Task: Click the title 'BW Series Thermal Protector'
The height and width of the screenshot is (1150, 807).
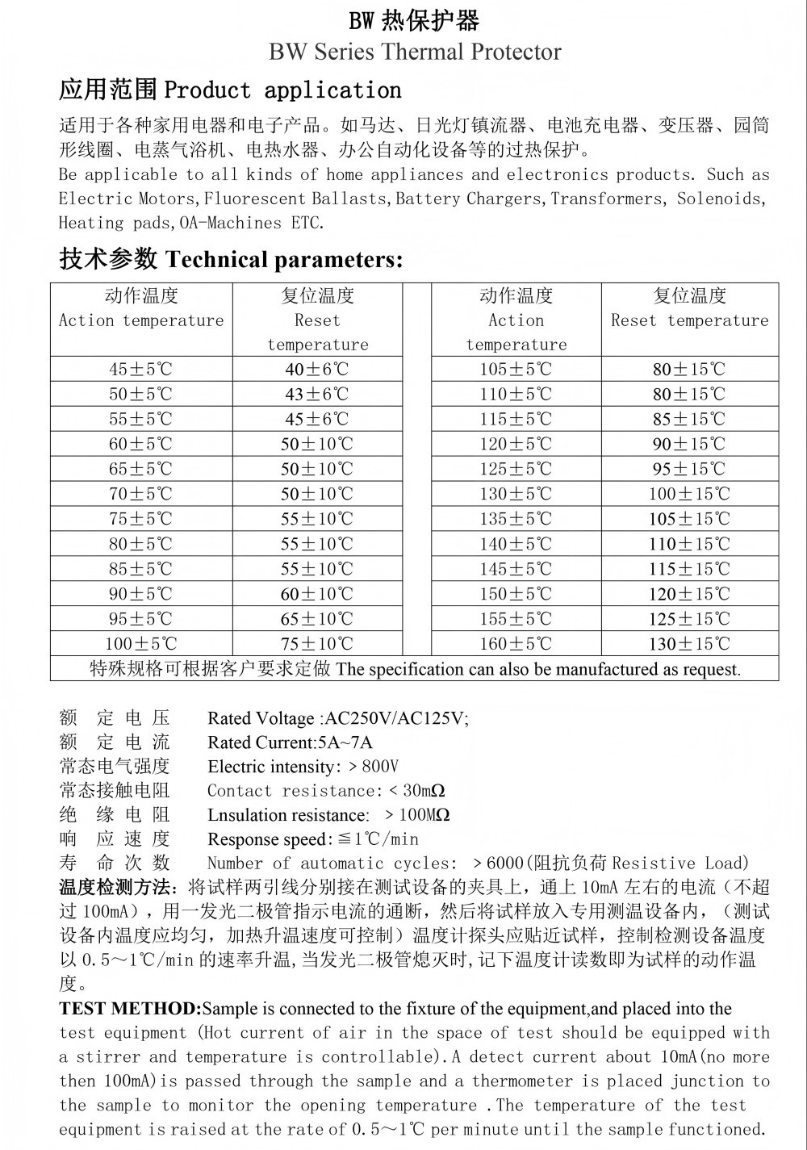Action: point(415,52)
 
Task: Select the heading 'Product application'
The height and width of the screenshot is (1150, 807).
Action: point(282,90)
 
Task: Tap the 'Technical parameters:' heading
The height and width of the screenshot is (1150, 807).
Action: point(283,260)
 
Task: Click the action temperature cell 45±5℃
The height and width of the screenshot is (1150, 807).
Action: point(141,370)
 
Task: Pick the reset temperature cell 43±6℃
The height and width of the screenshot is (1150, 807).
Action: point(317,395)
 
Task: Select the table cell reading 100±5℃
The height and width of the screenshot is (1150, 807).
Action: point(141,644)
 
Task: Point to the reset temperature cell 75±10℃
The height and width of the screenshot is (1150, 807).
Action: point(317,644)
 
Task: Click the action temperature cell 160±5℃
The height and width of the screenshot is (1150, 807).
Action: point(516,644)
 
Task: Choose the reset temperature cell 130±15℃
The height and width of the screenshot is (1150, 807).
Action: point(689,644)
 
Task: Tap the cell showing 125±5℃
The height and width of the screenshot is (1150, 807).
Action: point(516,469)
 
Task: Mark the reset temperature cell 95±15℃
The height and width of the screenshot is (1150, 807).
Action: point(689,469)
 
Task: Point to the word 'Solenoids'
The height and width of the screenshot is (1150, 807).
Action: point(721,199)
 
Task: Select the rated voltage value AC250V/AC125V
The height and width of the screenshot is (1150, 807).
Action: point(395,718)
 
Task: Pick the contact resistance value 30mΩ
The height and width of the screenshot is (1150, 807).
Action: point(424,791)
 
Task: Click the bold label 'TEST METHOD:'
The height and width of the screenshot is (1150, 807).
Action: point(130,1009)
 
